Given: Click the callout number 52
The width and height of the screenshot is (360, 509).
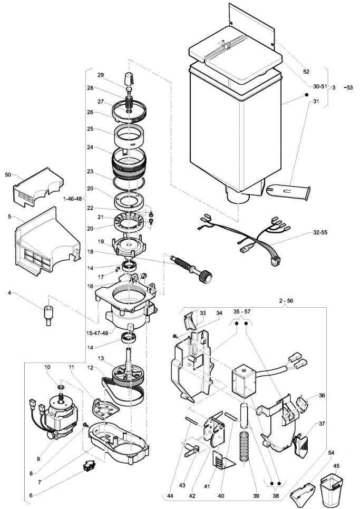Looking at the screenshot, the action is (306, 72).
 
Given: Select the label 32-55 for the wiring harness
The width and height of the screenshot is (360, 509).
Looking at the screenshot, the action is (320, 232).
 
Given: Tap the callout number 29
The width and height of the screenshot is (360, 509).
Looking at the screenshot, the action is (101, 75).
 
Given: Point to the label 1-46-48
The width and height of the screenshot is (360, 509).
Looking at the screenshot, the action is (73, 199).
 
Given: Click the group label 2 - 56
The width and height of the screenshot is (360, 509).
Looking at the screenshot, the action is (286, 301).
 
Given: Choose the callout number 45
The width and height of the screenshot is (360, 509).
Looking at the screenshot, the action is (336, 466).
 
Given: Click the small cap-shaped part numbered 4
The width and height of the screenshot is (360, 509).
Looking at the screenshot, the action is (48, 315).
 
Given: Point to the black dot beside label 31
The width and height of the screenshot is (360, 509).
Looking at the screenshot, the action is (306, 95).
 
